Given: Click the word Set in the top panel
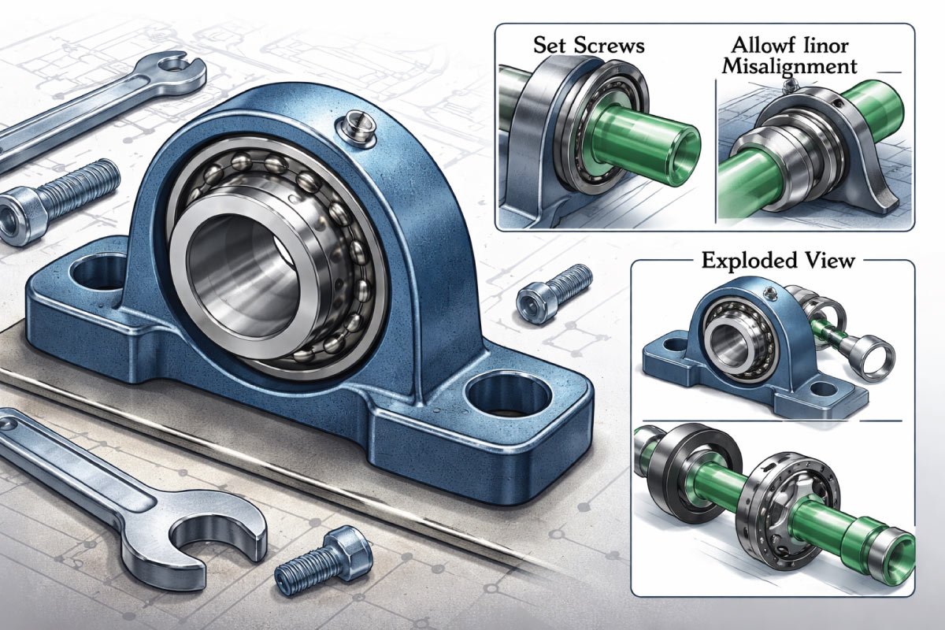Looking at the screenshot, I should [x=547, y=45].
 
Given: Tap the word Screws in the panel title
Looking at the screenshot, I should [x=608, y=45].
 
